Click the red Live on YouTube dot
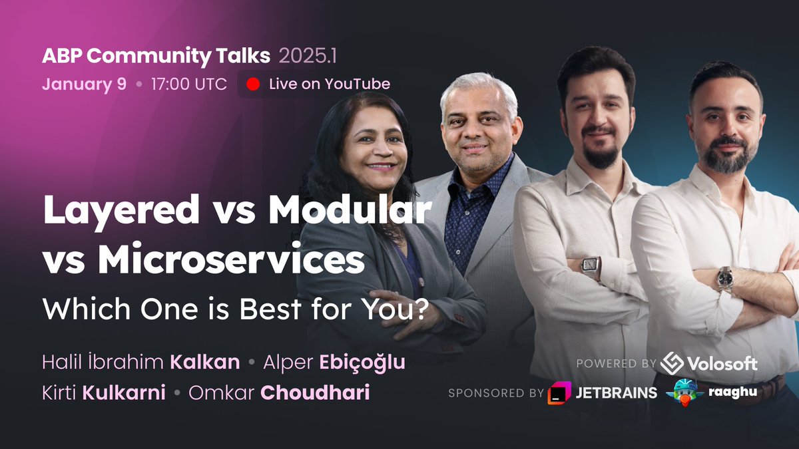(x=253, y=84)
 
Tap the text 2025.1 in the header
(x=308, y=57)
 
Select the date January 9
(x=84, y=84)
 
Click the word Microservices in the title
(x=231, y=261)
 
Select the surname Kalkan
(x=205, y=363)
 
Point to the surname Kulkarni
(x=124, y=392)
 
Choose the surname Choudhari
(x=314, y=392)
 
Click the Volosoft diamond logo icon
(x=672, y=363)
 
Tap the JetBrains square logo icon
(x=559, y=393)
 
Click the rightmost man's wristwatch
(x=724, y=278)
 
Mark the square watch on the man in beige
(x=591, y=267)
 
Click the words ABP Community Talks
(x=156, y=57)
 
